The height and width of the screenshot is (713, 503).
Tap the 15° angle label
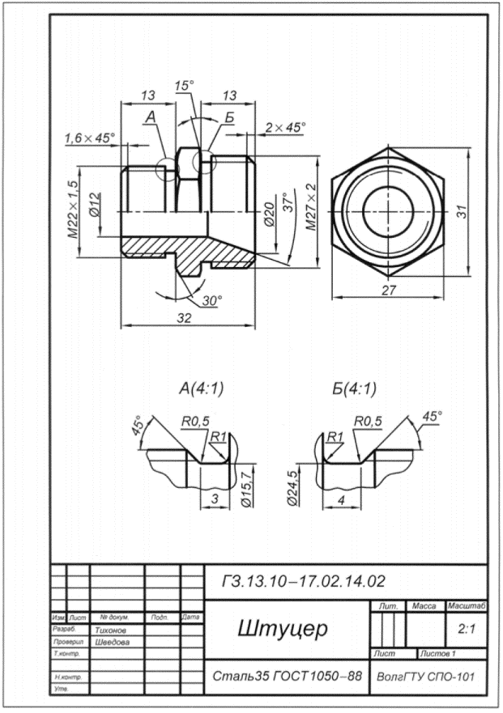[x=185, y=85]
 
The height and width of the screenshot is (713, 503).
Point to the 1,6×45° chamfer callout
[x=90, y=139]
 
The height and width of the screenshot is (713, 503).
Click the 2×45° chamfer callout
[x=285, y=127]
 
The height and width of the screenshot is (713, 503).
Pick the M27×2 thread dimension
[x=311, y=206]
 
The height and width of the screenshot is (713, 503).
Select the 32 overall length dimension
[x=185, y=318]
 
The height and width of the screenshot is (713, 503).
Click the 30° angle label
[x=212, y=300]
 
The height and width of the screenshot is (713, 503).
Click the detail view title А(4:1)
[x=201, y=388]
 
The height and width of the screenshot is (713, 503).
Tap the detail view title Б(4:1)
[x=354, y=388]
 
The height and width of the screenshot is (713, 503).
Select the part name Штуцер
[x=281, y=628]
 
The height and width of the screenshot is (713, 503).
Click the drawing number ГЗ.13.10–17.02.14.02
[x=302, y=581]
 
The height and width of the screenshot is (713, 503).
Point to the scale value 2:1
[x=466, y=628]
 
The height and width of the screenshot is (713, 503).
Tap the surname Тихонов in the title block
[x=111, y=628]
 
